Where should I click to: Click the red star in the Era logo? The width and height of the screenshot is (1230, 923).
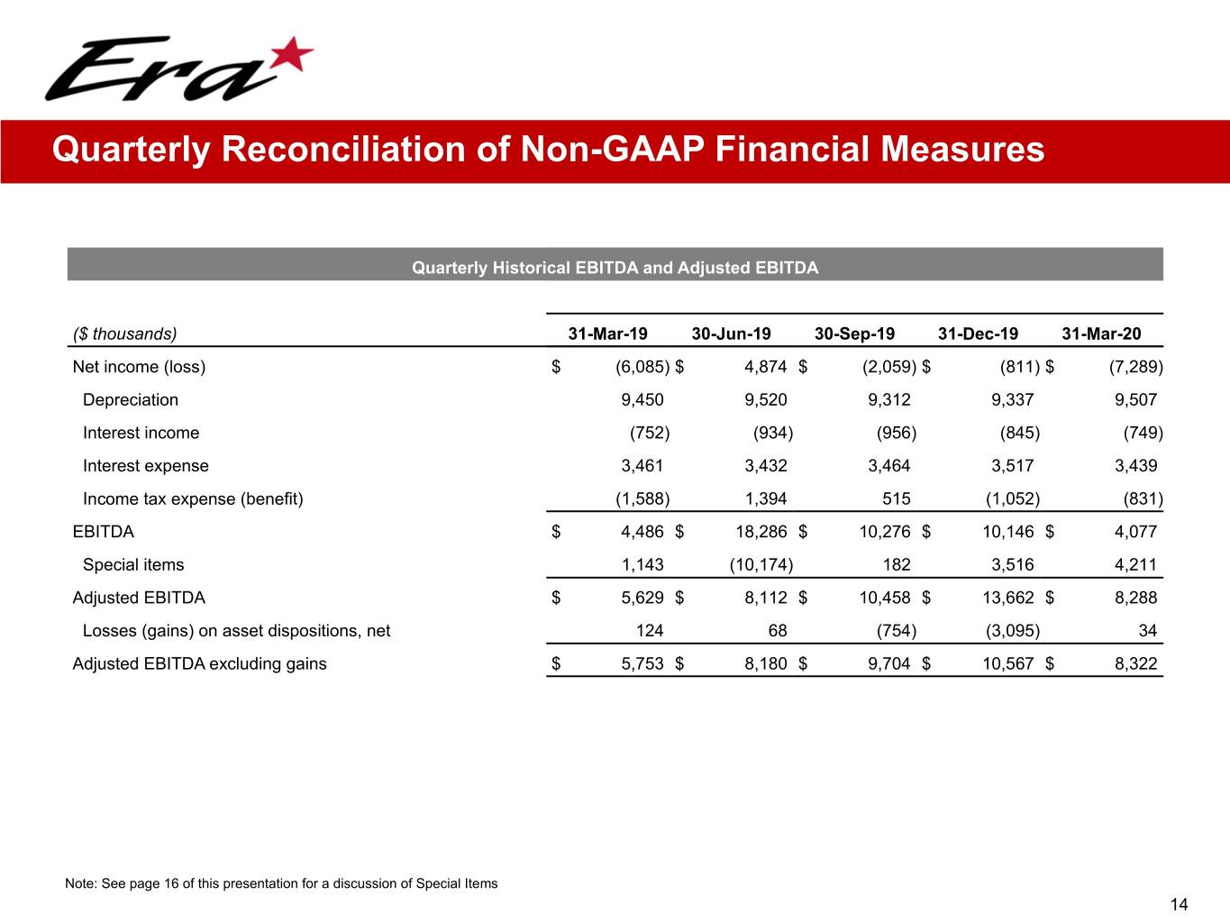291,56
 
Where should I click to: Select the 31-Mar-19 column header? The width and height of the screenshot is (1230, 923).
607,334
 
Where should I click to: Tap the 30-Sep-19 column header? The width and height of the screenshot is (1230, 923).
854,334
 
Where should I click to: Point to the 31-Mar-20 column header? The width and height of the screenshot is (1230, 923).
1101,334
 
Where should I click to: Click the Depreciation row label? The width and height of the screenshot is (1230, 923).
131,400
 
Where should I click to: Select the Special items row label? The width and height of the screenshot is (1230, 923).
133,565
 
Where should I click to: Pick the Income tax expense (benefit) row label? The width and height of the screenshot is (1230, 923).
193,499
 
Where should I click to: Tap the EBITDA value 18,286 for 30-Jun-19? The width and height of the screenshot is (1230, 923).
761,532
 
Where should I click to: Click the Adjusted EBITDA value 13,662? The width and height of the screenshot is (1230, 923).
1007,598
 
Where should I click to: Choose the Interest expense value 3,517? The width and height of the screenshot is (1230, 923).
1013,466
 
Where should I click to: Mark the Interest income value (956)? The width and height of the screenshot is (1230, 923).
896,434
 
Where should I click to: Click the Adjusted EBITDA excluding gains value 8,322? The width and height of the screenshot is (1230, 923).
1135,664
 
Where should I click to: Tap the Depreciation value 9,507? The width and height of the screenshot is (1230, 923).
1135,400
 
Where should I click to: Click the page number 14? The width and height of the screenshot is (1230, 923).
1179,905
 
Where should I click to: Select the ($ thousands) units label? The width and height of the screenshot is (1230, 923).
125,334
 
